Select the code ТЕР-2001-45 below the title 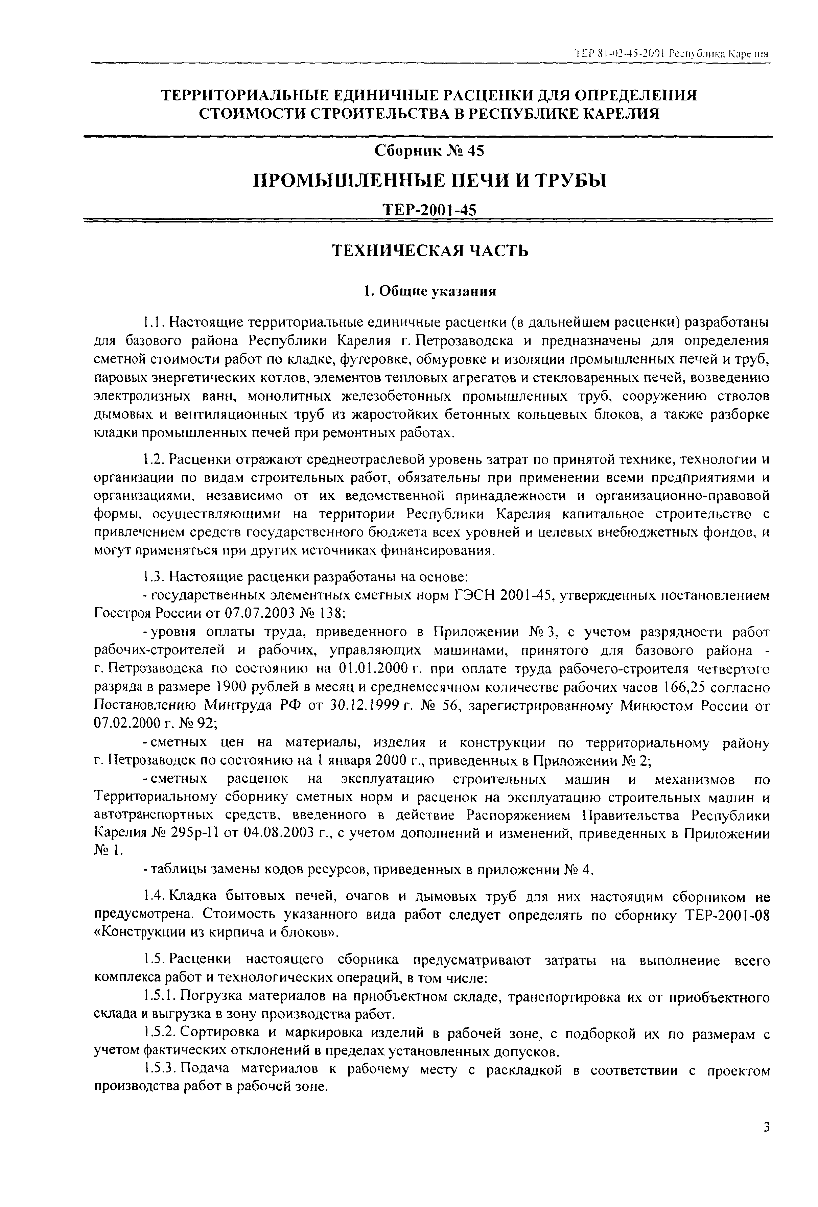pyautogui.click(x=429, y=210)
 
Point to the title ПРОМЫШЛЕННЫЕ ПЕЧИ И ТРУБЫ pyautogui.click(x=429, y=181)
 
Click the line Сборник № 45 pyautogui.click(x=429, y=151)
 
